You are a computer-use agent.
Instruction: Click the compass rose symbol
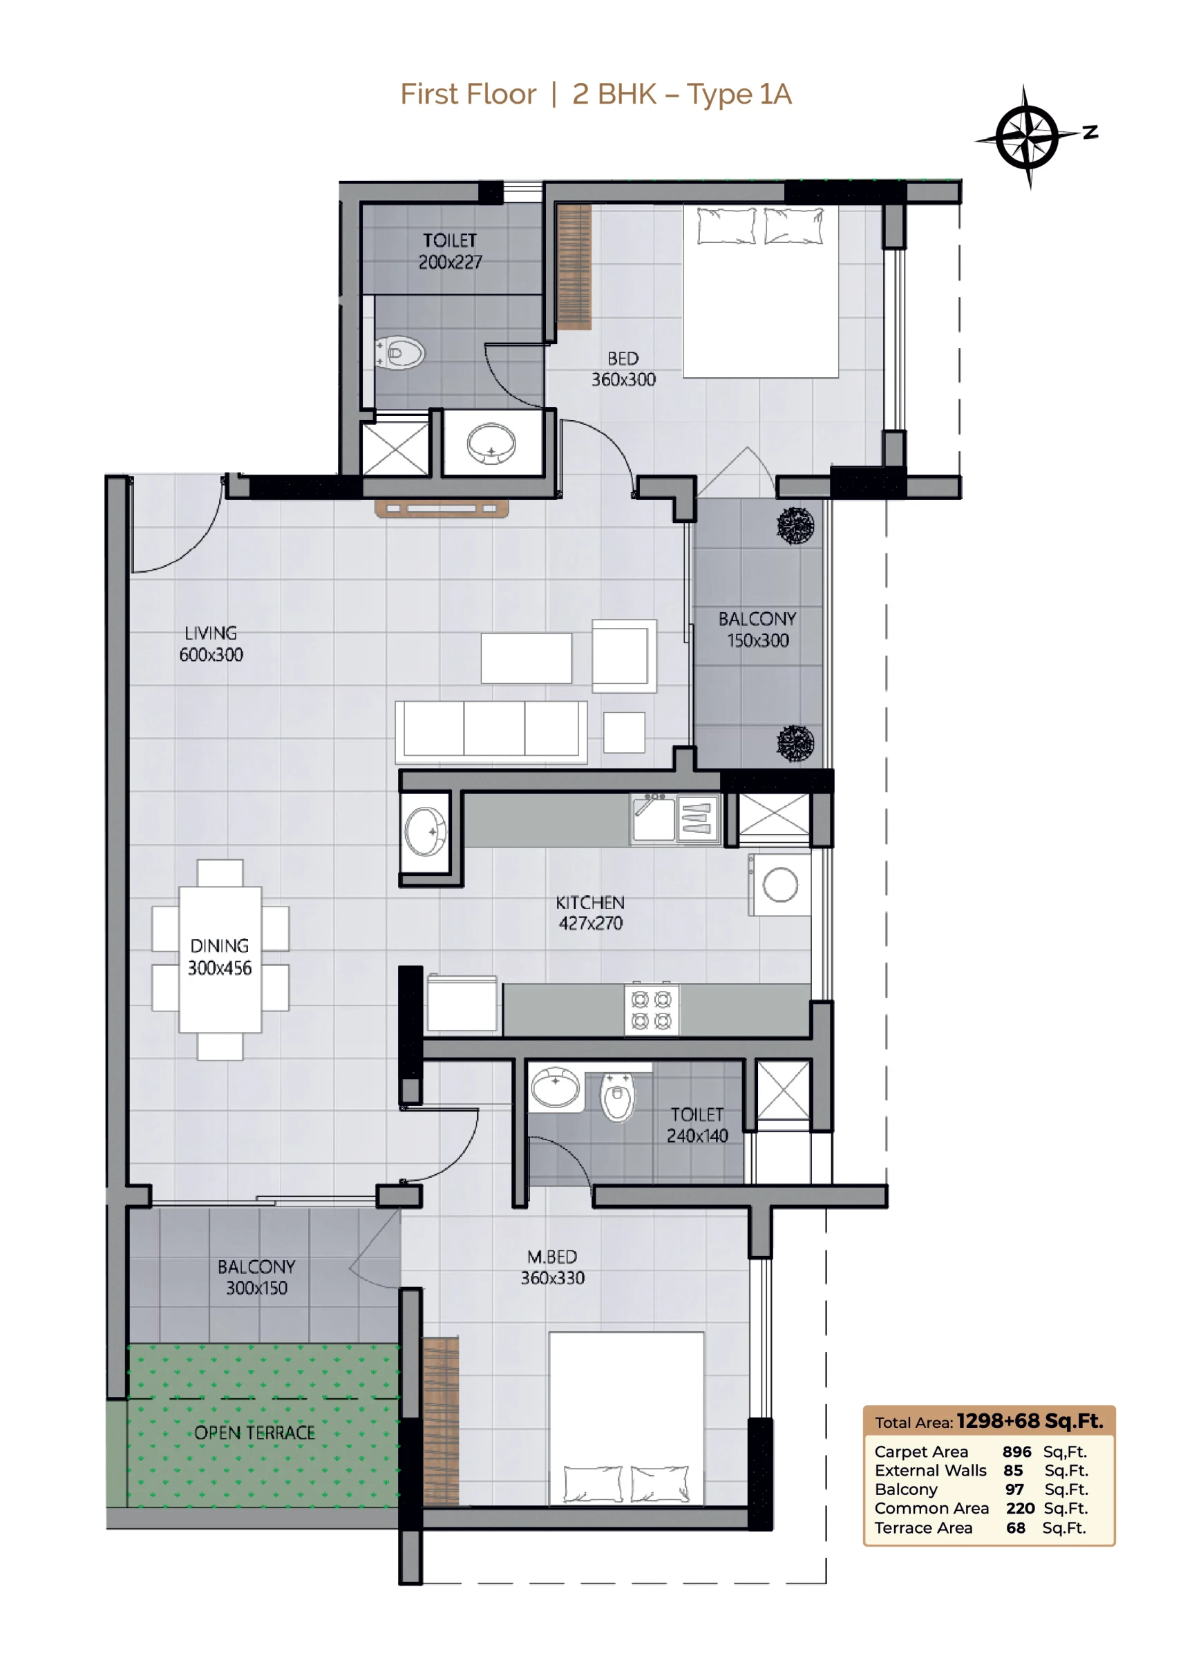click(1028, 137)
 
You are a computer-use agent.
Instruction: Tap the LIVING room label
click(211, 633)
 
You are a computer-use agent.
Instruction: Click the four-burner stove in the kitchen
click(651, 1009)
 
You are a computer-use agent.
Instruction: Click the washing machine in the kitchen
click(779, 884)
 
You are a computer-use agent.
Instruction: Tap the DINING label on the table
click(219, 946)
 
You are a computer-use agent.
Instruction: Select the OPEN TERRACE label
click(254, 1432)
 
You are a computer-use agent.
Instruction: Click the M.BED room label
click(552, 1257)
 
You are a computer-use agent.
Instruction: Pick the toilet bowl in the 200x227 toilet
click(399, 354)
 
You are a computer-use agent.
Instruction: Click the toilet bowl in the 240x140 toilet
click(617, 1096)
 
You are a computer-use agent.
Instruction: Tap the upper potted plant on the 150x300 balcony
click(795, 526)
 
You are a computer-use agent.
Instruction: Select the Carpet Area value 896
click(1016, 1452)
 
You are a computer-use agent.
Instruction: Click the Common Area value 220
click(1019, 1508)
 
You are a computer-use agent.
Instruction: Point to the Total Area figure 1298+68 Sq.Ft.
click(1030, 1421)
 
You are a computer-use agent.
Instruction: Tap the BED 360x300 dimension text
click(623, 379)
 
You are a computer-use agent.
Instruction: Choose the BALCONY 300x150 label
click(256, 1277)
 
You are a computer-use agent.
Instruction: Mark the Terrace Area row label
click(923, 1528)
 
